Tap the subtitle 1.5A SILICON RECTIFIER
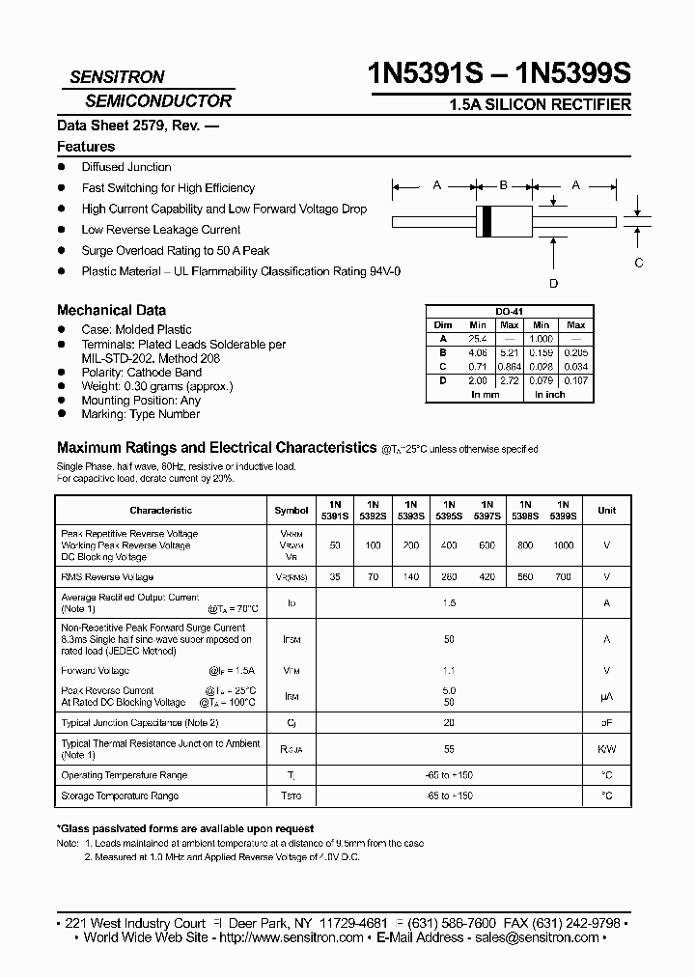point(541,104)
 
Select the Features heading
point(86,147)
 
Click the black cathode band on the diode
point(487,221)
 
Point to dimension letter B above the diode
point(503,185)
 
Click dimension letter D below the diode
point(553,283)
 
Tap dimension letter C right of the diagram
point(638,263)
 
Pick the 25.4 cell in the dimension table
point(478,339)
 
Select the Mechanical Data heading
point(111,310)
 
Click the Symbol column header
point(292,510)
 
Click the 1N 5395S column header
point(449,510)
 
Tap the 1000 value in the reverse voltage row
point(563,545)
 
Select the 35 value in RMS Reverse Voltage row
point(335,576)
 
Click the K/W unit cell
point(607,748)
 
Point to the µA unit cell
point(607,696)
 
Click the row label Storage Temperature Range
point(120,796)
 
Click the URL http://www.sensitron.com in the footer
point(292,937)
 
